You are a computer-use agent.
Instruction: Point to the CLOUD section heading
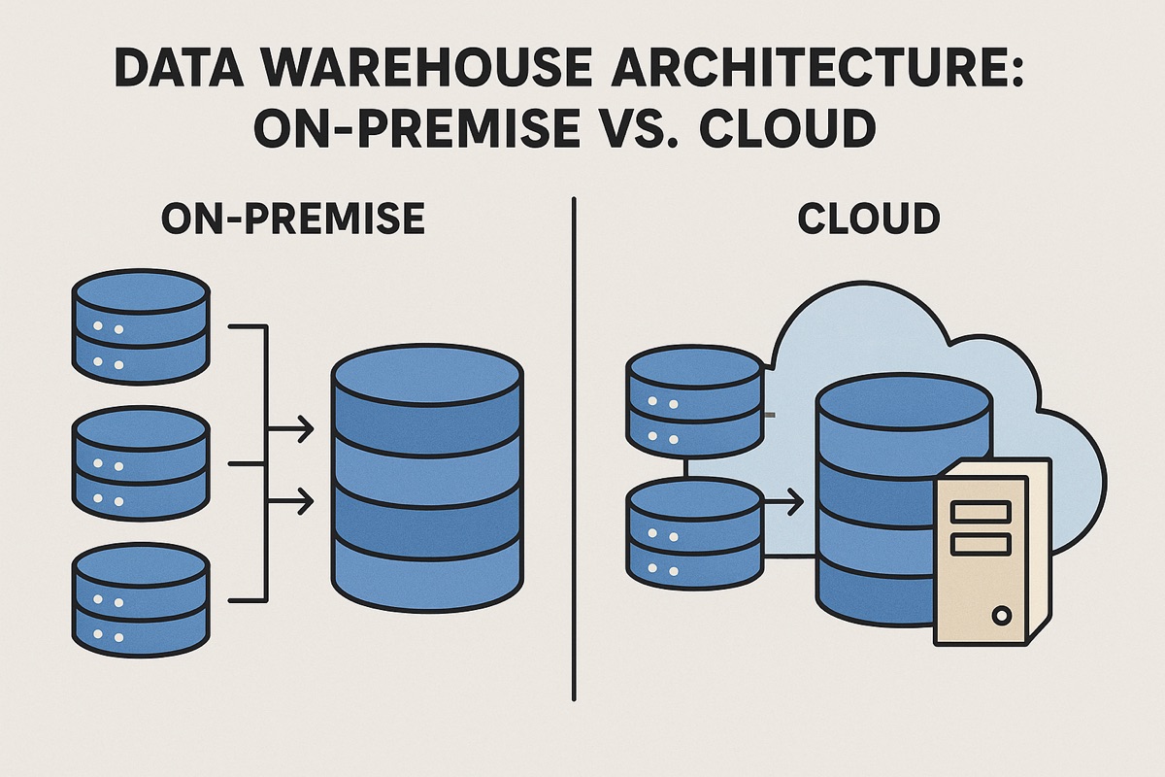pos(869,220)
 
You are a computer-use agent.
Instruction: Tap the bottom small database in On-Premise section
pos(141,597)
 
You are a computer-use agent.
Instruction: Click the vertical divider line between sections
pos(575,447)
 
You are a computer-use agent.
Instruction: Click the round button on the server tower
pos(1001,614)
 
